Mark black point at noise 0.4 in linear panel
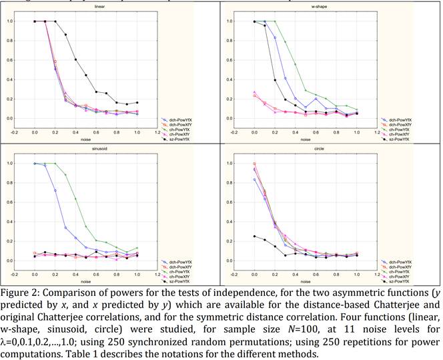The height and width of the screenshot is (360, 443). click(x=76, y=59)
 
